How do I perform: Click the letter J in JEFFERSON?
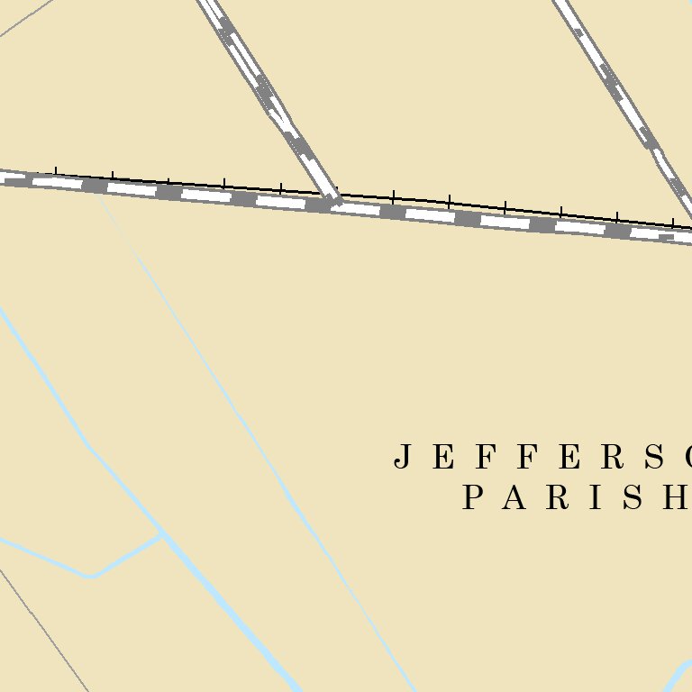click(x=404, y=458)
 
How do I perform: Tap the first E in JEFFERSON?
click(x=443, y=458)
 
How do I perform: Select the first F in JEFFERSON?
click(x=484, y=458)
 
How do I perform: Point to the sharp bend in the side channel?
click(x=89, y=575)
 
